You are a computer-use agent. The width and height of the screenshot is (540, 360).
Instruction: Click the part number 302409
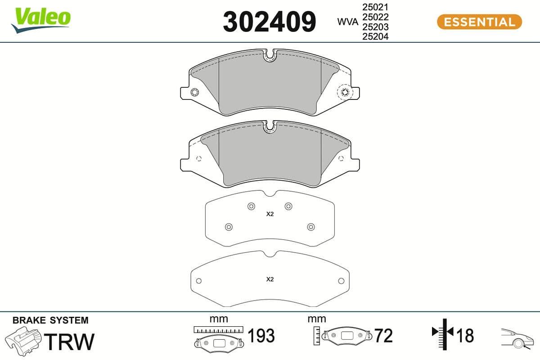click(x=270, y=22)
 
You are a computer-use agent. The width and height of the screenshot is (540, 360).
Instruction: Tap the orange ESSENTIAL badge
click(x=479, y=22)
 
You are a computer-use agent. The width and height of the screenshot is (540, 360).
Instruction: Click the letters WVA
click(x=347, y=22)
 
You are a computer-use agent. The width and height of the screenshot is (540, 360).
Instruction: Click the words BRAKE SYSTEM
click(x=50, y=320)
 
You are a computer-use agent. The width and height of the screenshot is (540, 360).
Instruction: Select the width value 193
click(x=261, y=336)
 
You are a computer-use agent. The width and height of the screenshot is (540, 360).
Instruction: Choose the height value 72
click(x=383, y=336)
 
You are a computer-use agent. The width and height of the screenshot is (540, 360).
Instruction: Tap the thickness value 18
click(x=465, y=336)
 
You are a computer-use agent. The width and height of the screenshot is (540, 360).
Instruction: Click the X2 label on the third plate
click(x=270, y=214)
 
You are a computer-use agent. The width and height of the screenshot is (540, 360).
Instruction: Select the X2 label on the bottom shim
click(x=270, y=279)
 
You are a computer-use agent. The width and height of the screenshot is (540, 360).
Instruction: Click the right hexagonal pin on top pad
click(x=345, y=92)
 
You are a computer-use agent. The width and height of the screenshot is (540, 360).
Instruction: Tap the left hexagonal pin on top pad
click(x=194, y=92)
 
